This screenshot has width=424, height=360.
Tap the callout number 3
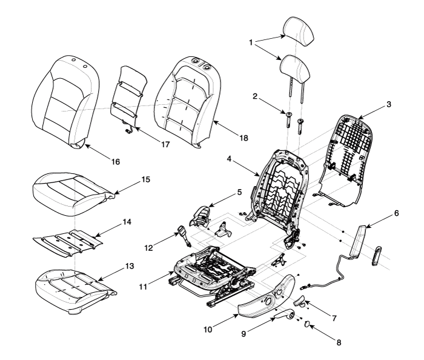pos(388,104)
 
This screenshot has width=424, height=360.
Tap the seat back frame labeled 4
pos(280,182)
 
